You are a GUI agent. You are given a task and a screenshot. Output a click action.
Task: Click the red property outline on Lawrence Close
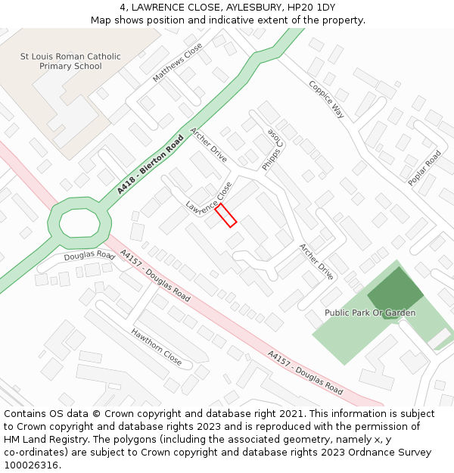225,215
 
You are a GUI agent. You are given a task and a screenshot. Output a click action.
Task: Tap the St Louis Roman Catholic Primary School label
70,61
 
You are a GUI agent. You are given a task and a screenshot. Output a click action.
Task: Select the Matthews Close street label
178,63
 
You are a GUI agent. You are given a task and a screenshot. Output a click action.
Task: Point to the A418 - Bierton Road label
151,164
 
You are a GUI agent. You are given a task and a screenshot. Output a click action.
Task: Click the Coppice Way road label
326,98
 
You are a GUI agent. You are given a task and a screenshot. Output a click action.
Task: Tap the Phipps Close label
272,149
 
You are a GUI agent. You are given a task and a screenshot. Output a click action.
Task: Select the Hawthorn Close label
157,347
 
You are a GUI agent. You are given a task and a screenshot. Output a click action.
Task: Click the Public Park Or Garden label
370,313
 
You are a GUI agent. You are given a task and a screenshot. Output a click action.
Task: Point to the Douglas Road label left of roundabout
89,256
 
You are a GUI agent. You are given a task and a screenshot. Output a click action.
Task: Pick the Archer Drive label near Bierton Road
209,145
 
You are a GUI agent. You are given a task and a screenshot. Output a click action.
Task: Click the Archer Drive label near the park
316,261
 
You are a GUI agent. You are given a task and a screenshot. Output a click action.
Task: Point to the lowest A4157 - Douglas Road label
305,373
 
